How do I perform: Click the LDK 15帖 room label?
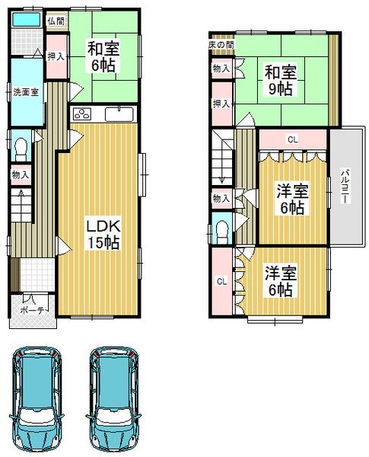(x=100, y=235)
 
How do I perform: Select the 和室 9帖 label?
(x=281, y=81)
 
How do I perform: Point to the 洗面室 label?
(x=25, y=92)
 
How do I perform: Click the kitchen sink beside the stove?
(x=119, y=115)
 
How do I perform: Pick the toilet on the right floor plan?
(x=222, y=229)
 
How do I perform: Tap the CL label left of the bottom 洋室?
(x=221, y=282)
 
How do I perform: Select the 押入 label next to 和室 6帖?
(x=55, y=56)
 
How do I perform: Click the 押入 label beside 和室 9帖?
(x=221, y=104)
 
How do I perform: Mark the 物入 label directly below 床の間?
(x=220, y=69)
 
